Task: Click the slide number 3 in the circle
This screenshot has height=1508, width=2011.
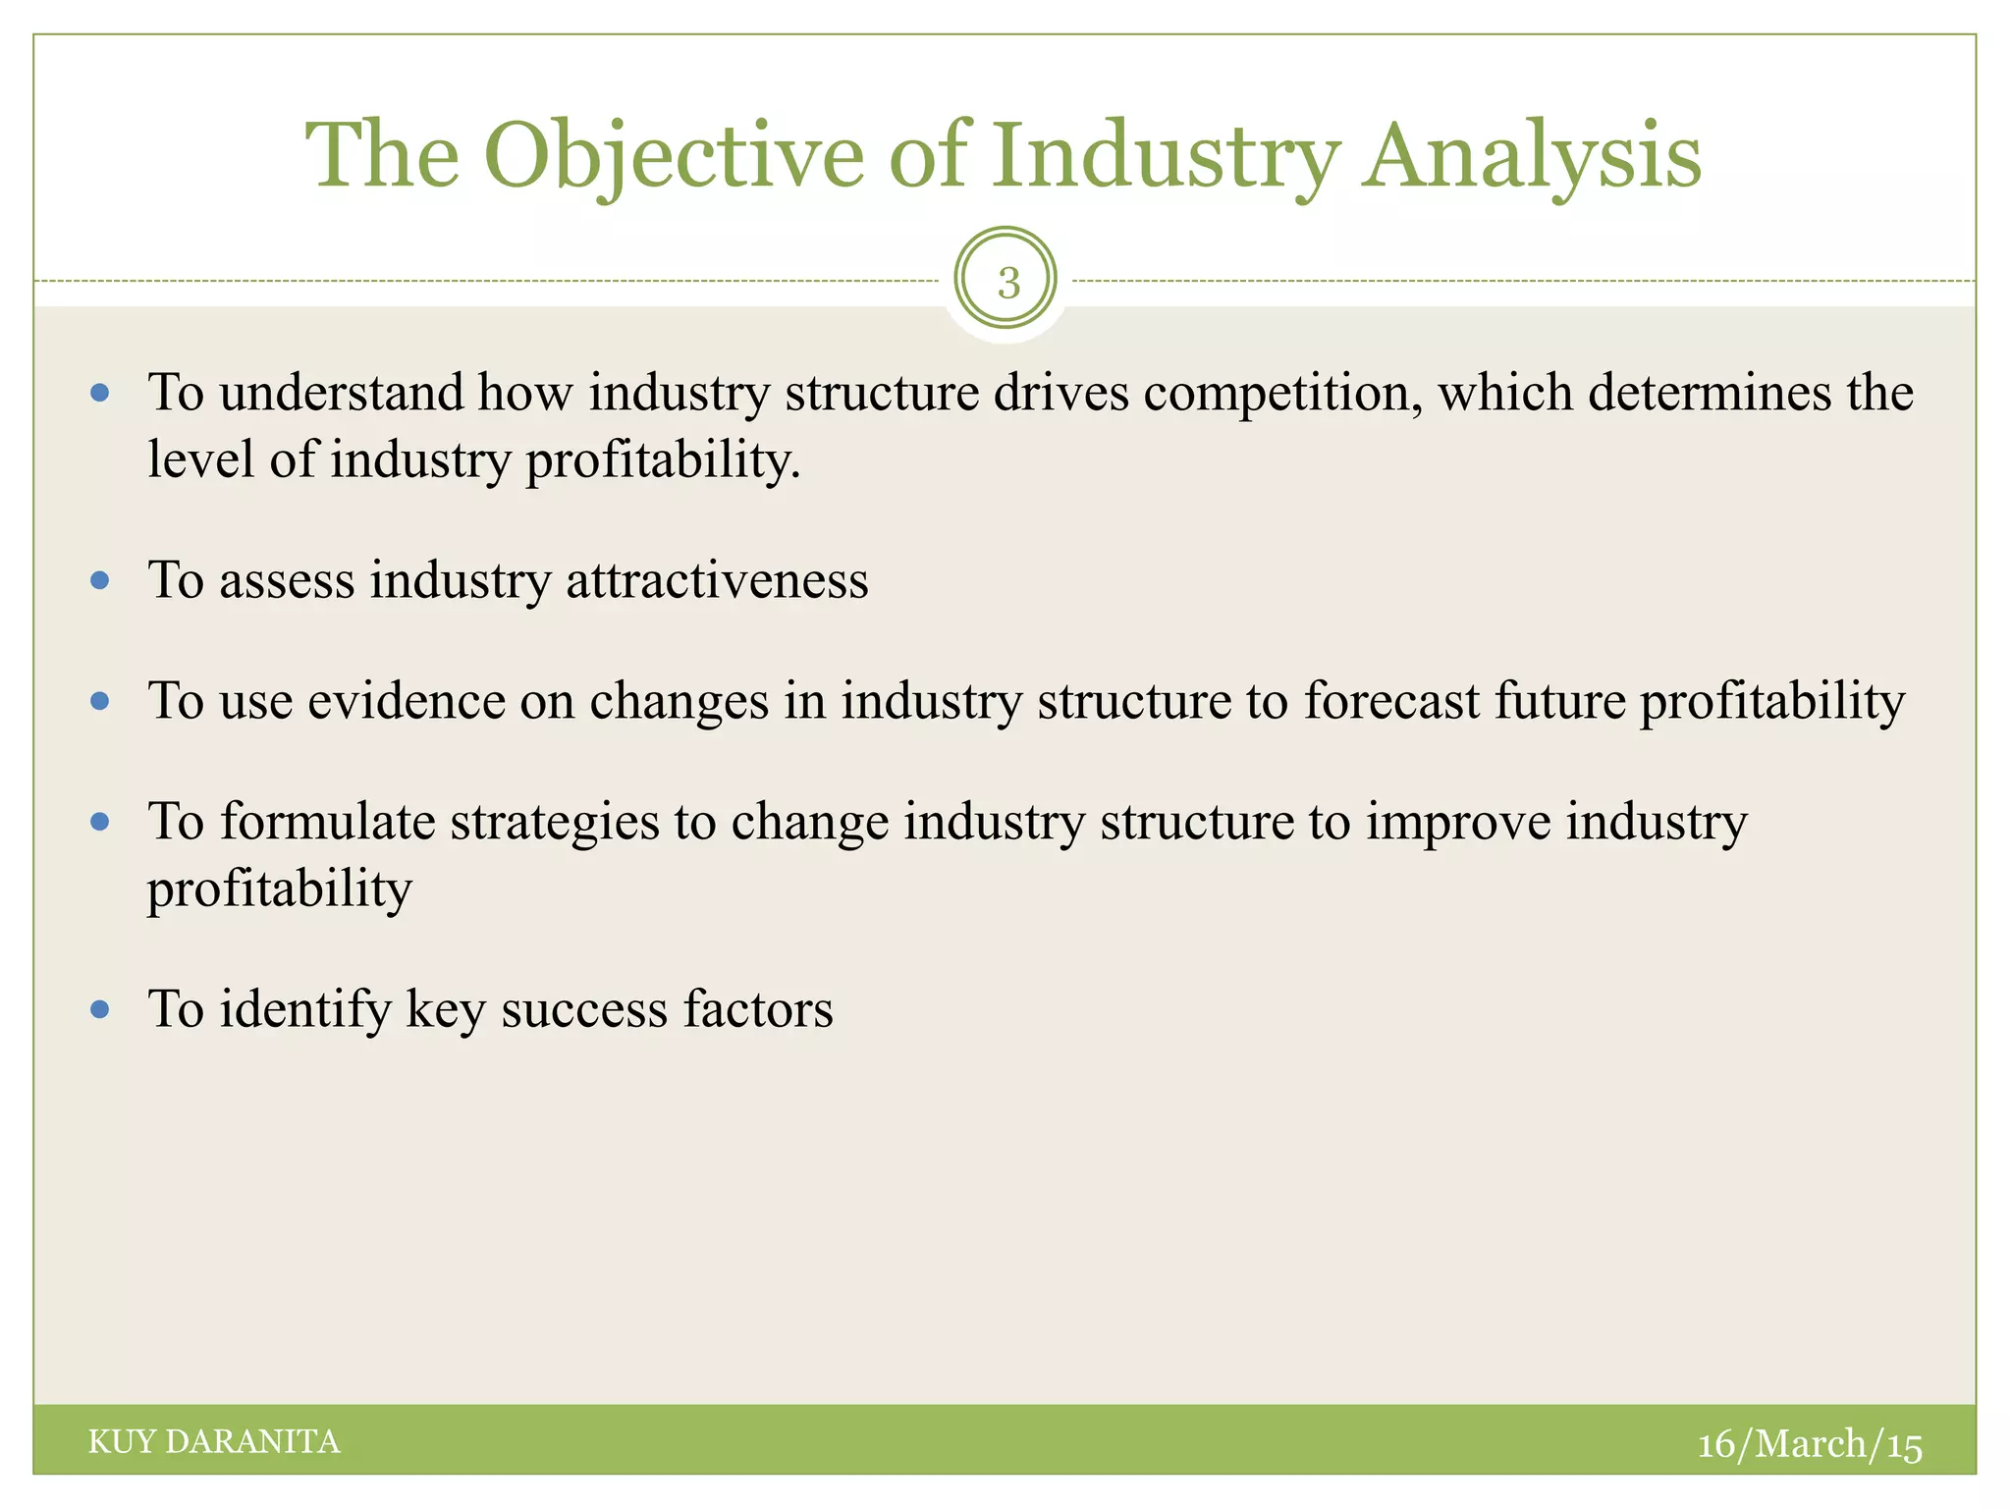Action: (x=1007, y=283)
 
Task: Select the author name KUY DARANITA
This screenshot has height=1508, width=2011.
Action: (x=214, y=1441)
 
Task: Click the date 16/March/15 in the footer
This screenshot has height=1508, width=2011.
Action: (x=1809, y=1443)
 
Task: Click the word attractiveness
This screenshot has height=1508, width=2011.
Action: (x=717, y=580)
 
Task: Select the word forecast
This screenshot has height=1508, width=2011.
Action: (x=1390, y=701)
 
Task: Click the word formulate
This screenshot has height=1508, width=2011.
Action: (x=327, y=822)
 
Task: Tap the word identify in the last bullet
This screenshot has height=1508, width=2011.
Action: (x=304, y=1009)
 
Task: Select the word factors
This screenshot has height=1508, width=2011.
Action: (x=758, y=1009)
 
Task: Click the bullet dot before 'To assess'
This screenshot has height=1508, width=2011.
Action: (x=99, y=580)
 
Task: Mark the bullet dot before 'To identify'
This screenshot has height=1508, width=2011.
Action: (x=99, y=1008)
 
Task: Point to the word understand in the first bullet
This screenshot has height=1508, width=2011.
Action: (x=341, y=394)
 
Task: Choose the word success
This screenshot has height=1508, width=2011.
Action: (x=584, y=1009)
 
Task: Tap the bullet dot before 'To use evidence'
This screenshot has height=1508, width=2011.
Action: (x=99, y=701)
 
